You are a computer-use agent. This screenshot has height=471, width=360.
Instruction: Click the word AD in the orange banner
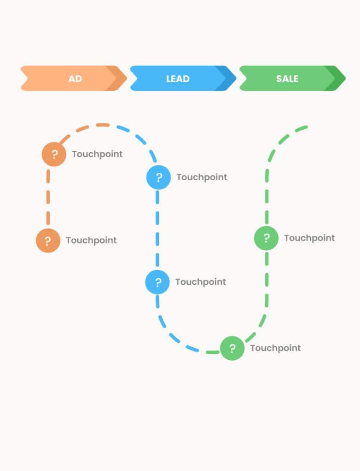[75, 79]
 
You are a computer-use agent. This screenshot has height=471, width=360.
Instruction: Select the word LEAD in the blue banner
[178, 79]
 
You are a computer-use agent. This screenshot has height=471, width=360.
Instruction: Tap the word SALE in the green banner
[287, 79]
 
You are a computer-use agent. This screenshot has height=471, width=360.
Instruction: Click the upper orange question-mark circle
[54, 154]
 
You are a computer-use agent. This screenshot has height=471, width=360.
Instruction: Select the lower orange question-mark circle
[48, 240]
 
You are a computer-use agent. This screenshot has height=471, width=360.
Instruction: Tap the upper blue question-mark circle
[159, 177]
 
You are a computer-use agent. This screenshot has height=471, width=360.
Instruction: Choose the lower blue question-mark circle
[158, 282]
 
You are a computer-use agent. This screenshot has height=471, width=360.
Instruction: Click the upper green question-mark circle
[267, 238]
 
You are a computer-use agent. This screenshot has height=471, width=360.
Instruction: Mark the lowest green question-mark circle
[232, 348]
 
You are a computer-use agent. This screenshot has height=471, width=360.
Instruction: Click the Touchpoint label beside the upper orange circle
[97, 154]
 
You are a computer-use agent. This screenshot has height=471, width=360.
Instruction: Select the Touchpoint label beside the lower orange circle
[91, 240]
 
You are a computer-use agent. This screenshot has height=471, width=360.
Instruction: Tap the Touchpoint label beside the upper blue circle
[202, 177]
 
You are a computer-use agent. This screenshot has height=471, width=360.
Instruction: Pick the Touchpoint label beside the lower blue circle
[201, 282]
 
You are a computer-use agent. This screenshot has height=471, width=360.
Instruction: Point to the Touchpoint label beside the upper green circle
[309, 238]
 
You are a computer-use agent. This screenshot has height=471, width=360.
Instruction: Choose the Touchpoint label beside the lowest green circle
[275, 348]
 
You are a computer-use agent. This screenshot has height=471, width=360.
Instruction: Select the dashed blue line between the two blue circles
[157, 230]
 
